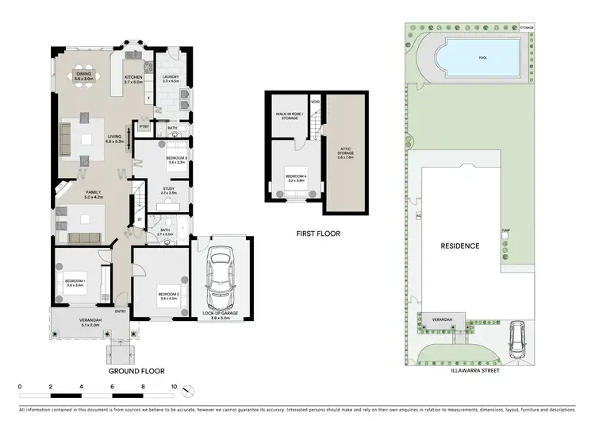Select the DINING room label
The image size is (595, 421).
pos(84,76)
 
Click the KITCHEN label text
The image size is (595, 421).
pos(132,79)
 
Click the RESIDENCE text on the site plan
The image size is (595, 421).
pos(460,245)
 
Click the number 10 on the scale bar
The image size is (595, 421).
pos(174,387)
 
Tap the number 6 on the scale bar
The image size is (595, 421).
pos(112,387)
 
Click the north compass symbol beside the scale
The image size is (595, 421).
pos(188,390)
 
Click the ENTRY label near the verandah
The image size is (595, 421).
pos(120,311)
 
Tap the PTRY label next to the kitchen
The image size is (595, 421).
pos(144,126)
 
